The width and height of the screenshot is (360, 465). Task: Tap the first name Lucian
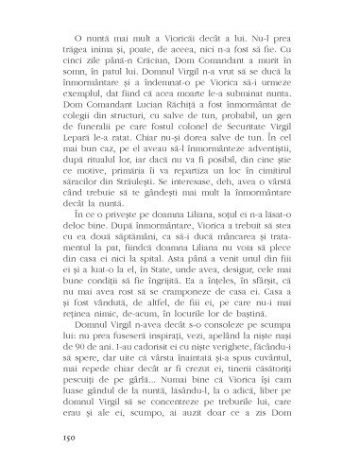(155, 129)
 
